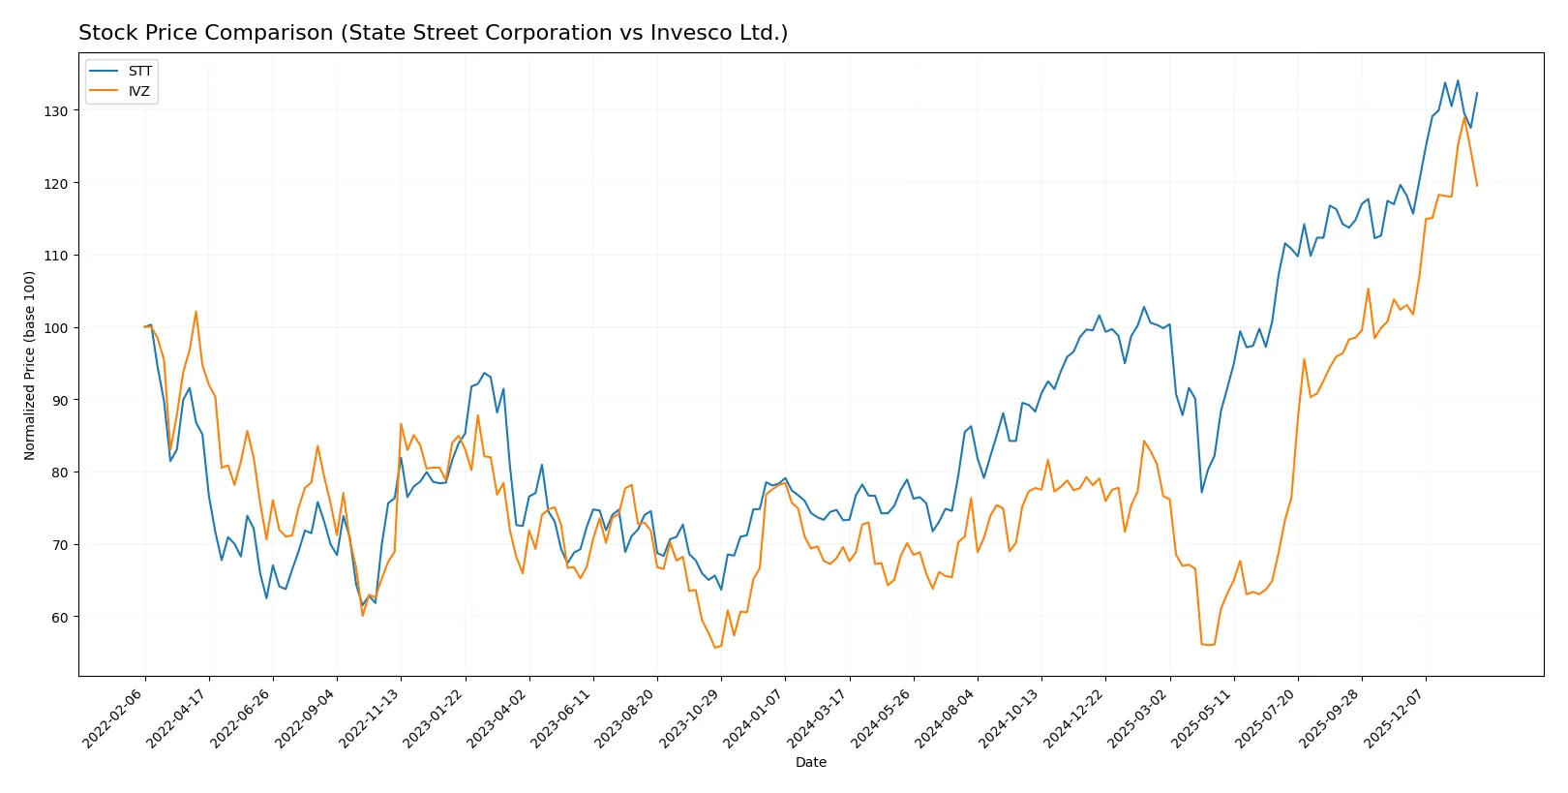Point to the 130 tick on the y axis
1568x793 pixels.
click(56, 111)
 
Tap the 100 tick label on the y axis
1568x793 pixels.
click(56, 328)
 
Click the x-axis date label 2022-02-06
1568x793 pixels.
click(113, 717)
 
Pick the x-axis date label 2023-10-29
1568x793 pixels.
click(689, 717)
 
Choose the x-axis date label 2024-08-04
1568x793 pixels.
click(946, 717)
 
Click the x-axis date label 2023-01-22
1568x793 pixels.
click(434, 717)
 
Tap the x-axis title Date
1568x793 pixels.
click(810, 763)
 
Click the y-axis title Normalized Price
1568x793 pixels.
click(30, 365)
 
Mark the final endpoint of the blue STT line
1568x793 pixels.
click(1477, 93)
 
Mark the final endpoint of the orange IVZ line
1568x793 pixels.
click(1477, 185)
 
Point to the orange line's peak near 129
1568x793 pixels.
click(1464, 117)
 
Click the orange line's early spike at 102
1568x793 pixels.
click(196, 312)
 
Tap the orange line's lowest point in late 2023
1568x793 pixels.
click(714, 648)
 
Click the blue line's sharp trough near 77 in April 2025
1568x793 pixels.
click(1202, 492)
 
